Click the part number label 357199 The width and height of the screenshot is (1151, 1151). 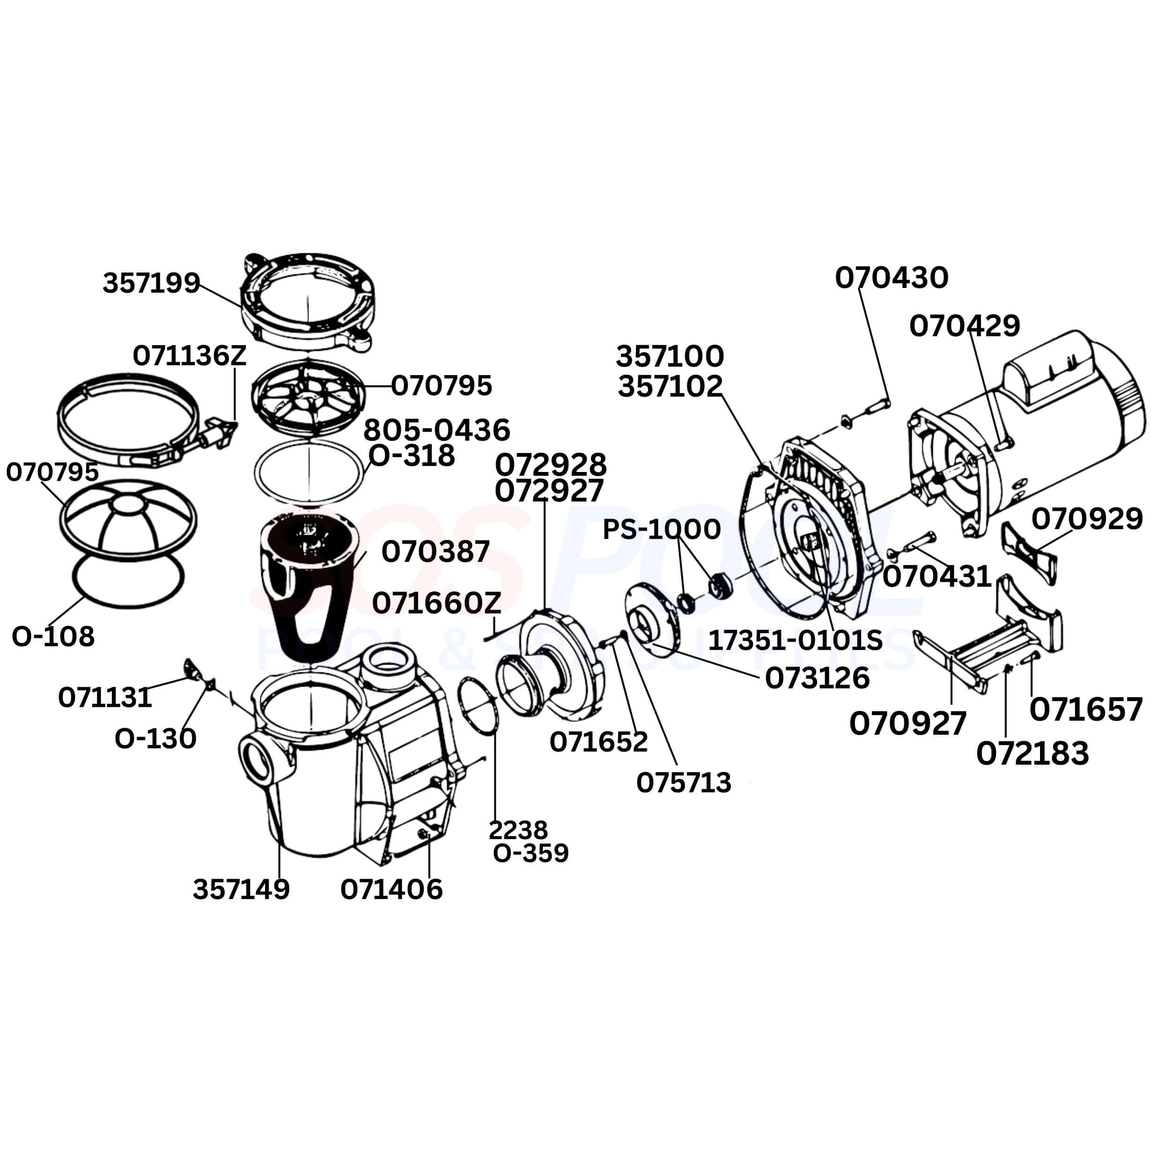151,282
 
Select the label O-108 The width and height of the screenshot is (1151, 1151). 53,636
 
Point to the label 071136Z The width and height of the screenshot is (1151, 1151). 190,356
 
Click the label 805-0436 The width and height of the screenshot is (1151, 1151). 437,429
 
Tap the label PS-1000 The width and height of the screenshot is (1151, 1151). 661,529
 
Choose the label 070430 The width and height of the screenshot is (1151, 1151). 891,278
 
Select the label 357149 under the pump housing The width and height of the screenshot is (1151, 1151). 241,889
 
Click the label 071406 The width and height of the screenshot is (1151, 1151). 391,889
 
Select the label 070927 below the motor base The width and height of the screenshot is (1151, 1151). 908,724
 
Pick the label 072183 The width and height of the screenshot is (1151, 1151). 1033,753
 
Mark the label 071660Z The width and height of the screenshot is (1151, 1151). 437,604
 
